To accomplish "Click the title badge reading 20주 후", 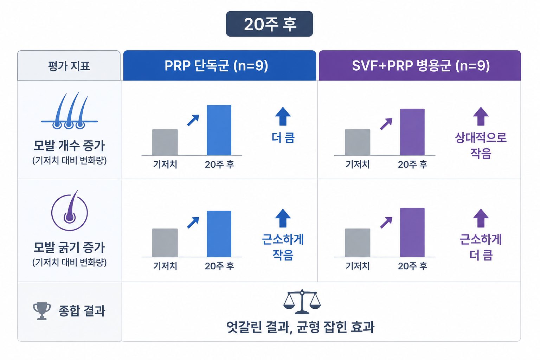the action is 269,24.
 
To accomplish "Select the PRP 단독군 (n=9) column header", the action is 219,65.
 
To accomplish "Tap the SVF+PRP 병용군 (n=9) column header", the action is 420,65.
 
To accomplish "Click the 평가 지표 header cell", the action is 69,65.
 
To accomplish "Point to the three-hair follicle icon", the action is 69,110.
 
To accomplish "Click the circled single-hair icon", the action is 69,211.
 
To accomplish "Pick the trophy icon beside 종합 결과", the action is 42,311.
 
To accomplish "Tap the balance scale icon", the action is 302,302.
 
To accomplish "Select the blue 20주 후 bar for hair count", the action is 219,130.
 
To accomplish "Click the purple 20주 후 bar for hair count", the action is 412,132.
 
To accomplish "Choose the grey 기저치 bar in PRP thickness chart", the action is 165,243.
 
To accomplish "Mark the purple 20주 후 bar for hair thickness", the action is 412,232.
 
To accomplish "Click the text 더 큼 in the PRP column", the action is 283,138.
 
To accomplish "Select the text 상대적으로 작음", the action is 481,146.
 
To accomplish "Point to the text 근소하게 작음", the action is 283,247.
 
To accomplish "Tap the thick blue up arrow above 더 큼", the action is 283,116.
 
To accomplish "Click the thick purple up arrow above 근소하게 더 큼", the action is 481,218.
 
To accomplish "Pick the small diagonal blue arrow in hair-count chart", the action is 193,120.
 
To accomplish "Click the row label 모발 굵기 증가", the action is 69,247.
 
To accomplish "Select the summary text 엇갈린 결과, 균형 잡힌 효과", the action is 300,327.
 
